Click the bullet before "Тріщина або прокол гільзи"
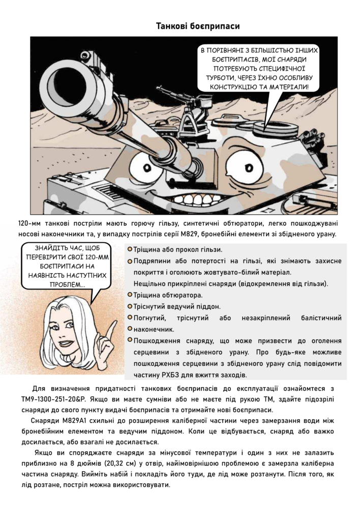pyautogui.click(x=130, y=249)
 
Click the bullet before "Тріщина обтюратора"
pyautogui.click(x=130, y=295)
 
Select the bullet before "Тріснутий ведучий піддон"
pyautogui.click(x=130, y=306)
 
